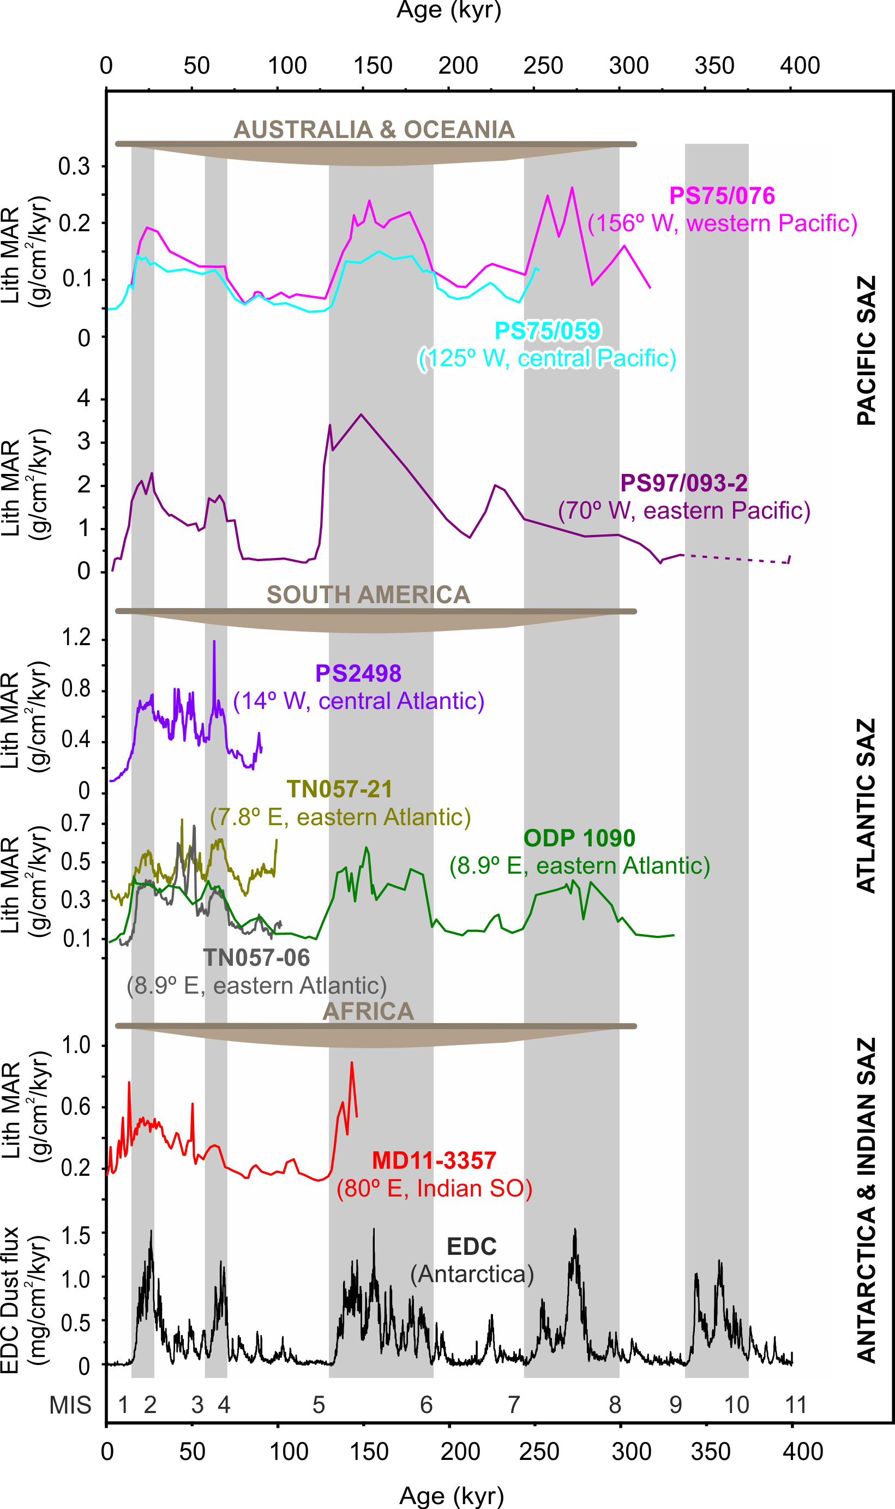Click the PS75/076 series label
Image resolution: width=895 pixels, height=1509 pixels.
(x=722, y=196)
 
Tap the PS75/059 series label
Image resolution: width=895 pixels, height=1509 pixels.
(x=547, y=331)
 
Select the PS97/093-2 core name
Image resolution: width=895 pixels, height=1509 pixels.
(x=683, y=483)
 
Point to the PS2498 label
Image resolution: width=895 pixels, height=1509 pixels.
(x=358, y=674)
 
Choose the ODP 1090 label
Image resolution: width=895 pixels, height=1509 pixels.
(x=579, y=838)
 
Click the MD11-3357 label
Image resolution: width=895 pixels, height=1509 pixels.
(x=434, y=1160)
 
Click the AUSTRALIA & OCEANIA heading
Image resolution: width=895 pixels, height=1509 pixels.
(x=374, y=130)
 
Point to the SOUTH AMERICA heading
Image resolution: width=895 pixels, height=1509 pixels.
(x=368, y=595)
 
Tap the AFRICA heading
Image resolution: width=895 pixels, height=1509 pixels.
(x=368, y=1011)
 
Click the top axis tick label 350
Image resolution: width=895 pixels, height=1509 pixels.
(x=714, y=65)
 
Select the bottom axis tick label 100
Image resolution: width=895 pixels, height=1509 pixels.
(x=289, y=1452)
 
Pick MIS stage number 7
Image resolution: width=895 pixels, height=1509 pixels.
(x=513, y=1405)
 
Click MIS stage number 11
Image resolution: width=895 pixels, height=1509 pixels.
(x=796, y=1405)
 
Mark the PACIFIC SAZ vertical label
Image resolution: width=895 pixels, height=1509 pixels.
(x=866, y=351)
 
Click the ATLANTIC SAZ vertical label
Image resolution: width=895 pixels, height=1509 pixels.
(x=866, y=805)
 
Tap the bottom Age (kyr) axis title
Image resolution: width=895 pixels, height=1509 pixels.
(x=451, y=1495)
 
